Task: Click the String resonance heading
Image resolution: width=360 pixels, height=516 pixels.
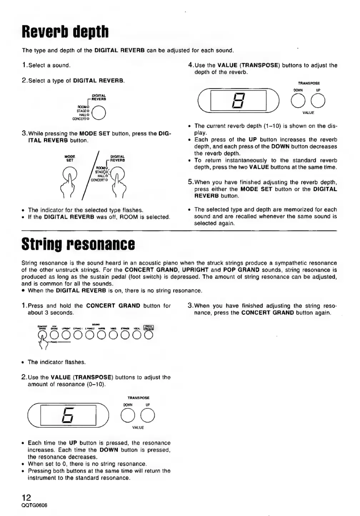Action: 78,244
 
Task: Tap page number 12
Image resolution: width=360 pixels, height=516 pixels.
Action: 26,497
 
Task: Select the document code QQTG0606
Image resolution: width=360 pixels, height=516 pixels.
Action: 35,505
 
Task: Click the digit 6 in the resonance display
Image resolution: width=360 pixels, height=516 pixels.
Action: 69,415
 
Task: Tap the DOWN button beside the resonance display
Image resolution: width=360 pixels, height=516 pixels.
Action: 127,415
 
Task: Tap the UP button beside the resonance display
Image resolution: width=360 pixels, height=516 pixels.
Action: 148,415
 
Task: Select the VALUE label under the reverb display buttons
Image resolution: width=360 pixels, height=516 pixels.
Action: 308,113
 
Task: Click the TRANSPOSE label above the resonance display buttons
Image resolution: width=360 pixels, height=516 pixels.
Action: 138,398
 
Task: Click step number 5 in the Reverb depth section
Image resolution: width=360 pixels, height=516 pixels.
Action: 190,182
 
